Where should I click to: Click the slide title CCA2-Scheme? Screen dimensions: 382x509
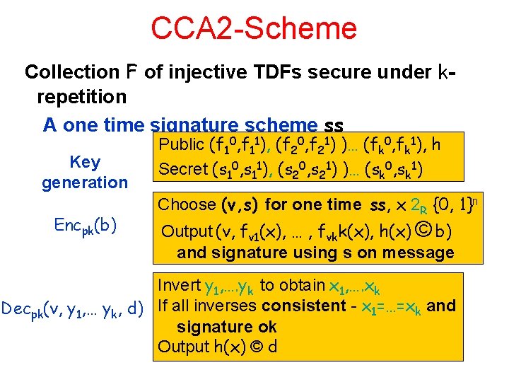tap(254, 28)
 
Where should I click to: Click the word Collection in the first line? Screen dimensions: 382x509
tap(62, 72)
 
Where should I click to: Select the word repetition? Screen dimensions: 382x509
tap(81, 95)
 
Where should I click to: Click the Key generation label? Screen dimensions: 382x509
tap(85, 172)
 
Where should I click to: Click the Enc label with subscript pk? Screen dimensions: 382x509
tap(86, 226)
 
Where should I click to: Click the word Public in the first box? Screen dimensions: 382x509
tap(180, 146)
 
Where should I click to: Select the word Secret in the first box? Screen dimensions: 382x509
tap(182, 169)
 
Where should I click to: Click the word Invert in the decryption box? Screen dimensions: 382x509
tap(180, 286)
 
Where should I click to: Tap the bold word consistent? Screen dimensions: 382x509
tap(302, 306)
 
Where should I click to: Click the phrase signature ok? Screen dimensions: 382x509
tap(226, 327)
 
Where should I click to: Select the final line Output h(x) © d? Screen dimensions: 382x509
tap(217, 347)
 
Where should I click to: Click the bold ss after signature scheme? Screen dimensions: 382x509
tap(333, 126)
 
